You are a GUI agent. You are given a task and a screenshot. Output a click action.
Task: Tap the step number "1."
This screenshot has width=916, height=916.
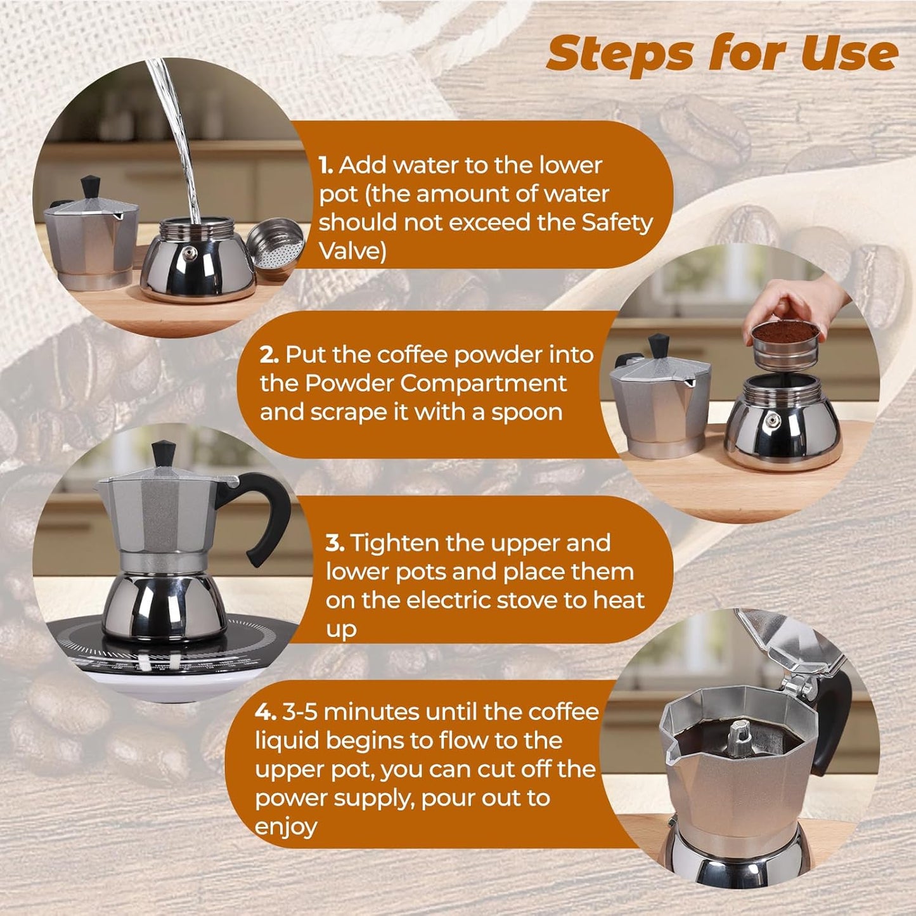point(326,165)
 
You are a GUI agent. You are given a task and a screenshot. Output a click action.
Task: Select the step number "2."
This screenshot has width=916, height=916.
point(269,355)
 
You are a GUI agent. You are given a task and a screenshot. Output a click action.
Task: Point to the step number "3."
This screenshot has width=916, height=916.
point(335,543)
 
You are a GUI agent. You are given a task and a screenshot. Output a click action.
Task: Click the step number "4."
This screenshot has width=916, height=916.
point(266,712)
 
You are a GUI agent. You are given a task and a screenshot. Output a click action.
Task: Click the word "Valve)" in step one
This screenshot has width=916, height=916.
point(352,252)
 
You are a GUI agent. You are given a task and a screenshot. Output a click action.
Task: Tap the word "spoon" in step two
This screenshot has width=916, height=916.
point(527,413)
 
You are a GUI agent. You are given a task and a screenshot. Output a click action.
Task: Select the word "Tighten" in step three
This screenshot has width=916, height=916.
point(392,543)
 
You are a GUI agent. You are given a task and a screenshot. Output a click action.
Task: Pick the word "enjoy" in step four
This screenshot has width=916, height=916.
point(286,828)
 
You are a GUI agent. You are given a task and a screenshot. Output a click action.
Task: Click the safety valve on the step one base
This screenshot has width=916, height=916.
point(189,254)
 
